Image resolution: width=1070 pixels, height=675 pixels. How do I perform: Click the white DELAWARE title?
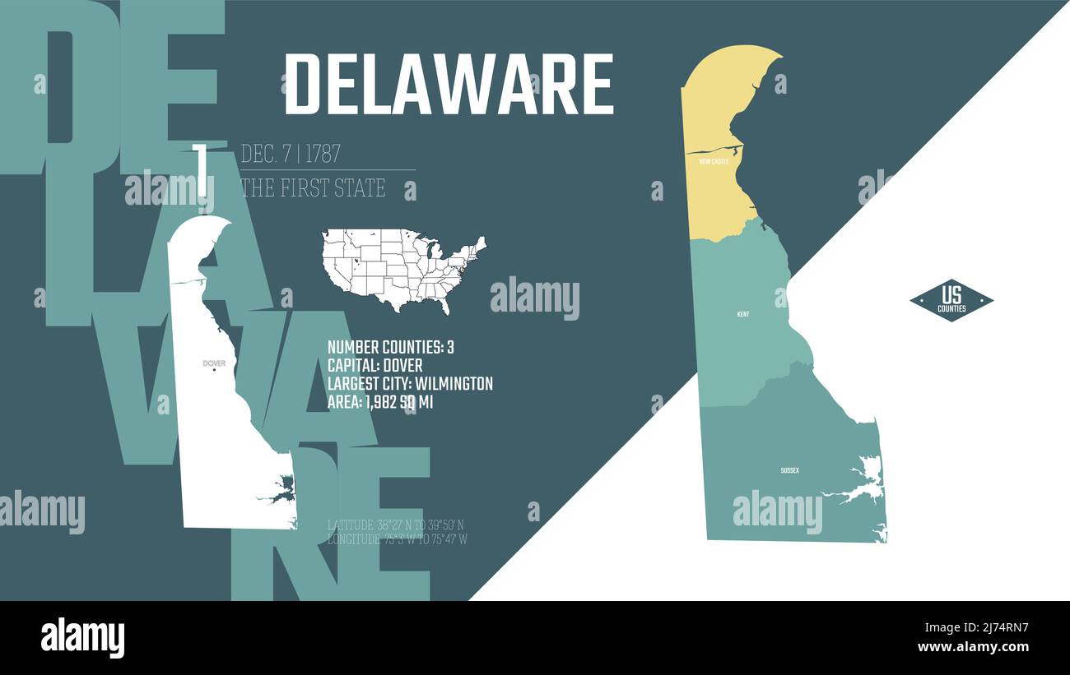tap(449, 85)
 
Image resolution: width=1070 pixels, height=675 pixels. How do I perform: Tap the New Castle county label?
tap(714, 162)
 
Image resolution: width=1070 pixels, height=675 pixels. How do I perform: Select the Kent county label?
tap(743, 314)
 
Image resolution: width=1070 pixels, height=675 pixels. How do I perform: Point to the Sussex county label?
tap(789, 470)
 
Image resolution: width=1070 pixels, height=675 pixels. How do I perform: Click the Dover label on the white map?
tap(214, 363)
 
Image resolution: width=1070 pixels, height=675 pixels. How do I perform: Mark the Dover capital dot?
tap(214, 370)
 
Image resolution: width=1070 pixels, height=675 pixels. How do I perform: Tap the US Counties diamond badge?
tap(951, 300)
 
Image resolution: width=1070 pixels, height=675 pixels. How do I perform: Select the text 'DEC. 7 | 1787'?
tap(291, 154)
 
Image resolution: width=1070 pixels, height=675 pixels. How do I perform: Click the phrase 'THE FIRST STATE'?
tap(313, 187)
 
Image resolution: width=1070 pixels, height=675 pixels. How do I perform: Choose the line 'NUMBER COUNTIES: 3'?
tap(391, 347)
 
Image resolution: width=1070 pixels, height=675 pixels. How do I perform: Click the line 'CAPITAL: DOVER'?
tap(375, 365)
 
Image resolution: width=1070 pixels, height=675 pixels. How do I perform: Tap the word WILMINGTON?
tap(454, 383)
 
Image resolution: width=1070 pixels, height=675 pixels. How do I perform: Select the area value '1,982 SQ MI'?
tap(399, 402)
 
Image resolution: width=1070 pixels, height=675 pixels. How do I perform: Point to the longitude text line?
tap(398, 539)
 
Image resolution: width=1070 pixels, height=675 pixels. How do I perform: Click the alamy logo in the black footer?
tap(82, 638)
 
